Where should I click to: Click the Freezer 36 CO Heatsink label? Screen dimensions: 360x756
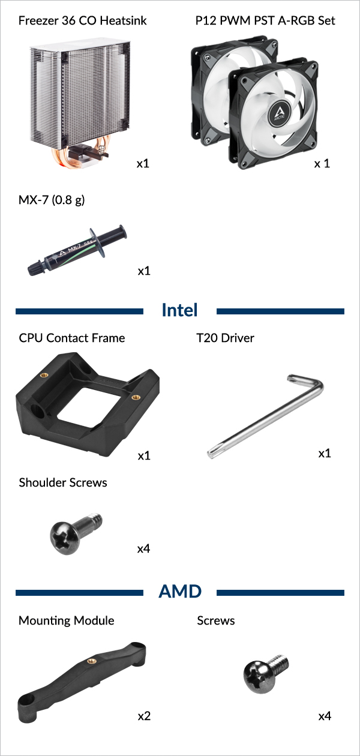[82, 20]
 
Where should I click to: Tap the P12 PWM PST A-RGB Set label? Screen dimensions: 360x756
[265, 20]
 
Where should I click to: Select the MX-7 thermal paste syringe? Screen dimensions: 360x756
[77, 250]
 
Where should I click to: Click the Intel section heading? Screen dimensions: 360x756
[179, 310]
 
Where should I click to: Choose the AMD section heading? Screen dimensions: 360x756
[180, 592]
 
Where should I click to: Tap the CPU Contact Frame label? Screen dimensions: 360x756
[72, 338]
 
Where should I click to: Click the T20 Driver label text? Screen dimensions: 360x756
[226, 338]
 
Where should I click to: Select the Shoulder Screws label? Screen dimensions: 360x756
[63, 482]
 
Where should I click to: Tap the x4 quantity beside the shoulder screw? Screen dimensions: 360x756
[143, 549]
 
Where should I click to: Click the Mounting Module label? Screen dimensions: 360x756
[67, 620]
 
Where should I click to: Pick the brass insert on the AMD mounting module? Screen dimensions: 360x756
[91, 661]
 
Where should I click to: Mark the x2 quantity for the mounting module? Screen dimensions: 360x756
[144, 716]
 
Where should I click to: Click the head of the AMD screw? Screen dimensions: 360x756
[257, 678]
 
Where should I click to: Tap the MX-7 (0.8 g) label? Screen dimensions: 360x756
[52, 200]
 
